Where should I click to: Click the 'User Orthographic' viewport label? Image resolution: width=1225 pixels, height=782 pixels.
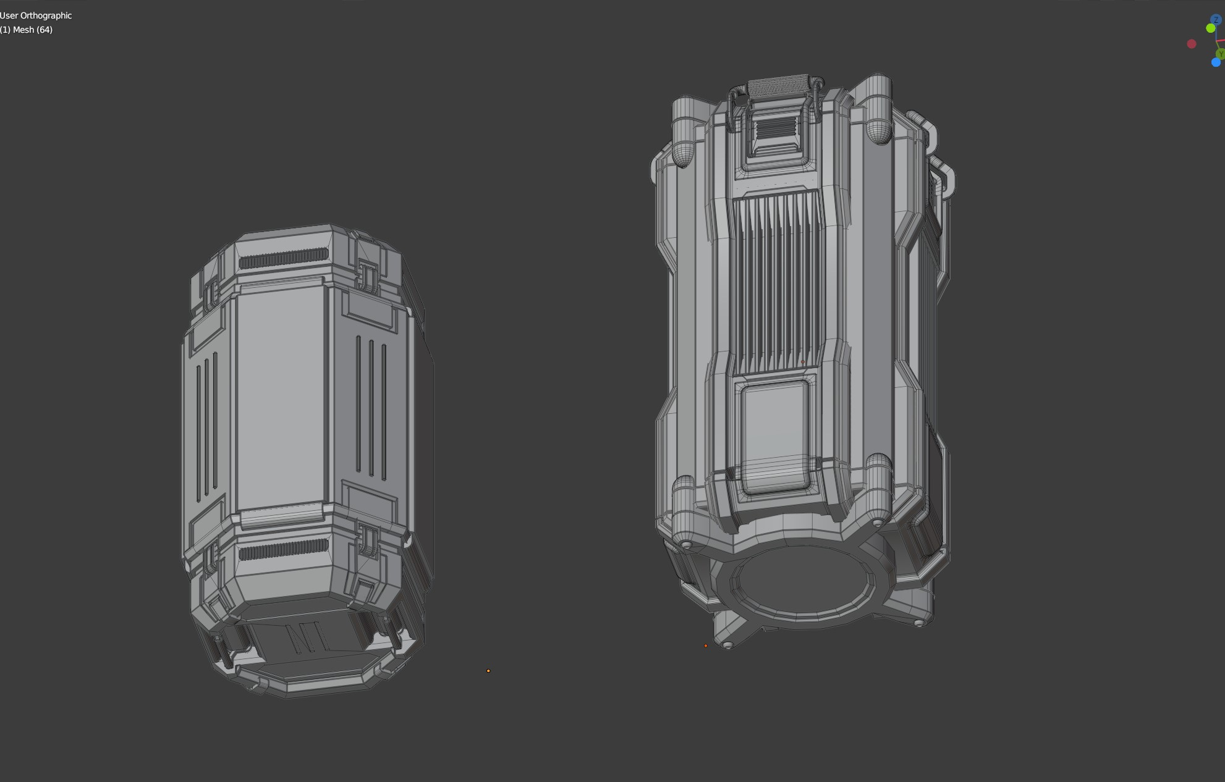[x=36, y=15]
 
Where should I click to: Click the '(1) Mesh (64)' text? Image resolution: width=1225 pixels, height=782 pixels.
[x=27, y=30]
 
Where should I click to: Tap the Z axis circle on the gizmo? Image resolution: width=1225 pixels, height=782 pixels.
[x=1216, y=20]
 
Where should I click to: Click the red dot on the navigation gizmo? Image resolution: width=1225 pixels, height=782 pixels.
[x=1192, y=44]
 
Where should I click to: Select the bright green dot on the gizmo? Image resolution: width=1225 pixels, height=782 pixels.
[x=1210, y=28]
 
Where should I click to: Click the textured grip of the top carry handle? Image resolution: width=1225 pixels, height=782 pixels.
[x=778, y=86]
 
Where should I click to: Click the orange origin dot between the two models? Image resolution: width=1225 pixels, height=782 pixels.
[x=488, y=671]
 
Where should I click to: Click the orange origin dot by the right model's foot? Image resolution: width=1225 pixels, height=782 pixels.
[x=706, y=646]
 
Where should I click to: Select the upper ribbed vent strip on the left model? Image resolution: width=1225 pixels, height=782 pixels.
[x=284, y=258]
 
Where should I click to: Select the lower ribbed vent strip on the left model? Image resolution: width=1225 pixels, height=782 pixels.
[x=284, y=549]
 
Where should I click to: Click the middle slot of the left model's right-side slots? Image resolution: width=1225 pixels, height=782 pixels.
[x=371, y=408]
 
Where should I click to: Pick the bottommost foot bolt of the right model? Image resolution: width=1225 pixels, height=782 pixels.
[x=727, y=645]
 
